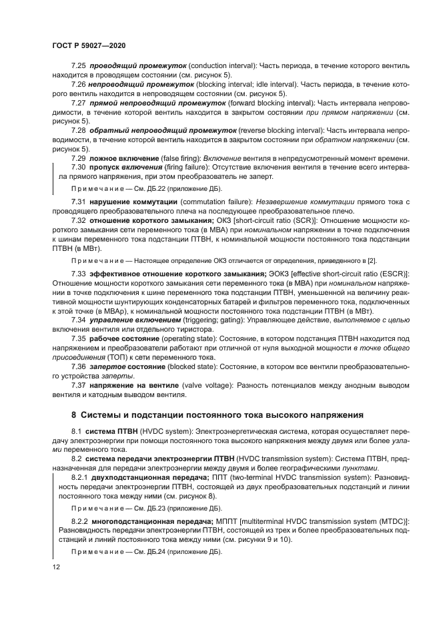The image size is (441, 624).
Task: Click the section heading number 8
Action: (75, 415)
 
